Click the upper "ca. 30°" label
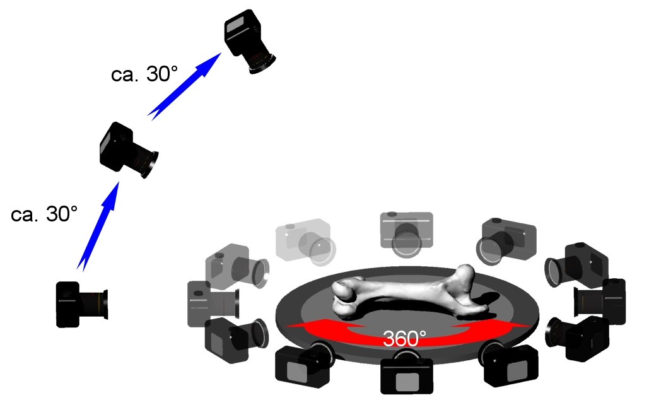click(x=144, y=74)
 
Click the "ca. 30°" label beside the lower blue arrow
click(x=44, y=214)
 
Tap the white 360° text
click(x=404, y=338)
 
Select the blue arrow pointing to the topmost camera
click(x=185, y=86)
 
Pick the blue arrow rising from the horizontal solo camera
click(x=98, y=227)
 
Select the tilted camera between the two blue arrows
click(x=129, y=150)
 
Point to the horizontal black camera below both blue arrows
click(x=82, y=304)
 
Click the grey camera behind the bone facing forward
click(x=406, y=234)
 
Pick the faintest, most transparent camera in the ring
click(x=305, y=242)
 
